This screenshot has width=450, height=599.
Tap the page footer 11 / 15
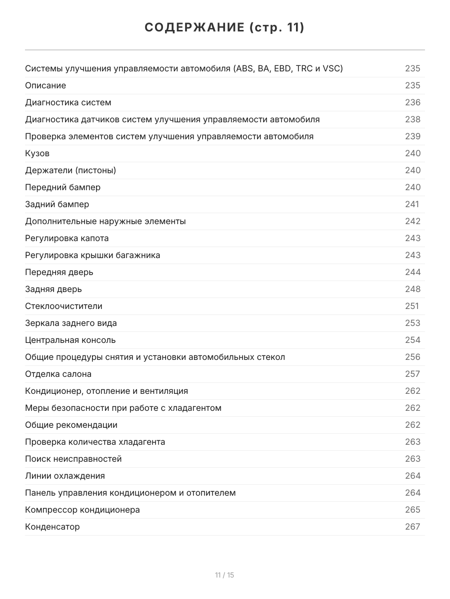click(x=224, y=575)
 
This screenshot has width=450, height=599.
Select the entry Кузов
click(x=37, y=153)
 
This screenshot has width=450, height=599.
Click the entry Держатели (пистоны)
click(x=70, y=170)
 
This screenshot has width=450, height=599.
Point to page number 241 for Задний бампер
click(x=412, y=204)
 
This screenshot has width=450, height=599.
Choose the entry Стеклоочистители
click(x=63, y=306)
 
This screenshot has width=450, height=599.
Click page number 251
click(x=412, y=306)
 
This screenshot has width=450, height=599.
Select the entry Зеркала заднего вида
click(x=71, y=323)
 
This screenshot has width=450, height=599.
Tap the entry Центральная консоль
click(x=70, y=340)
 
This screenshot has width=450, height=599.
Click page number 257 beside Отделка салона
click(x=412, y=374)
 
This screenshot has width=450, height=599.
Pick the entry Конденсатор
click(x=52, y=527)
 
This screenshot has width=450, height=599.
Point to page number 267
click(x=412, y=527)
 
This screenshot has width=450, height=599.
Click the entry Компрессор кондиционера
click(x=82, y=510)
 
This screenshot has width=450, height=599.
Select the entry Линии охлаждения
click(x=65, y=476)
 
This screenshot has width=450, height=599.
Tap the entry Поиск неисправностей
click(x=73, y=459)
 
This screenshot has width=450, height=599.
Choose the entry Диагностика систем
click(x=68, y=102)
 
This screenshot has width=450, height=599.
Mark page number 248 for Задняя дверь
click(x=412, y=289)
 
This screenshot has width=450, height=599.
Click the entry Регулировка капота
click(x=67, y=238)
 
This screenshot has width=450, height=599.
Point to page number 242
click(x=412, y=221)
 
